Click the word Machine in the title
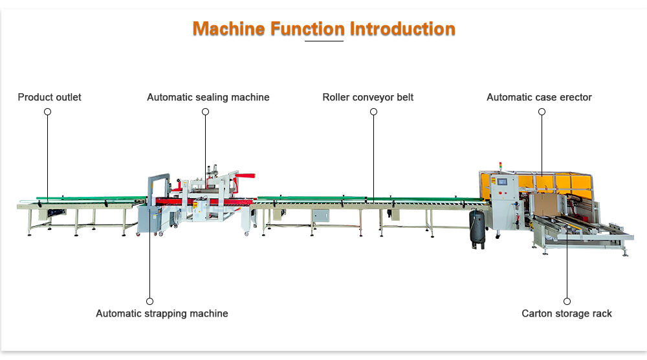click(230, 29)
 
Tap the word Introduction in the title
click(402, 29)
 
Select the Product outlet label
click(50, 97)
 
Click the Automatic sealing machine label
click(208, 97)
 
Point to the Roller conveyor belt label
click(368, 97)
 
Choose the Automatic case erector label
click(539, 97)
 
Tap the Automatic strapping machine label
click(162, 313)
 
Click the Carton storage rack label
click(567, 313)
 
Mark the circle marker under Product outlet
click(47, 111)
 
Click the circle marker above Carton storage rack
click(567, 301)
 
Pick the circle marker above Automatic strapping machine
click(149, 301)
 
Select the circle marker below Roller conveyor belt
click(373, 111)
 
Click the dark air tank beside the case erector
click(477, 227)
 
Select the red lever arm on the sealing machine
click(245, 175)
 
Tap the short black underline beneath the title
click(323, 41)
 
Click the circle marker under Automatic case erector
click(542, 111)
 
